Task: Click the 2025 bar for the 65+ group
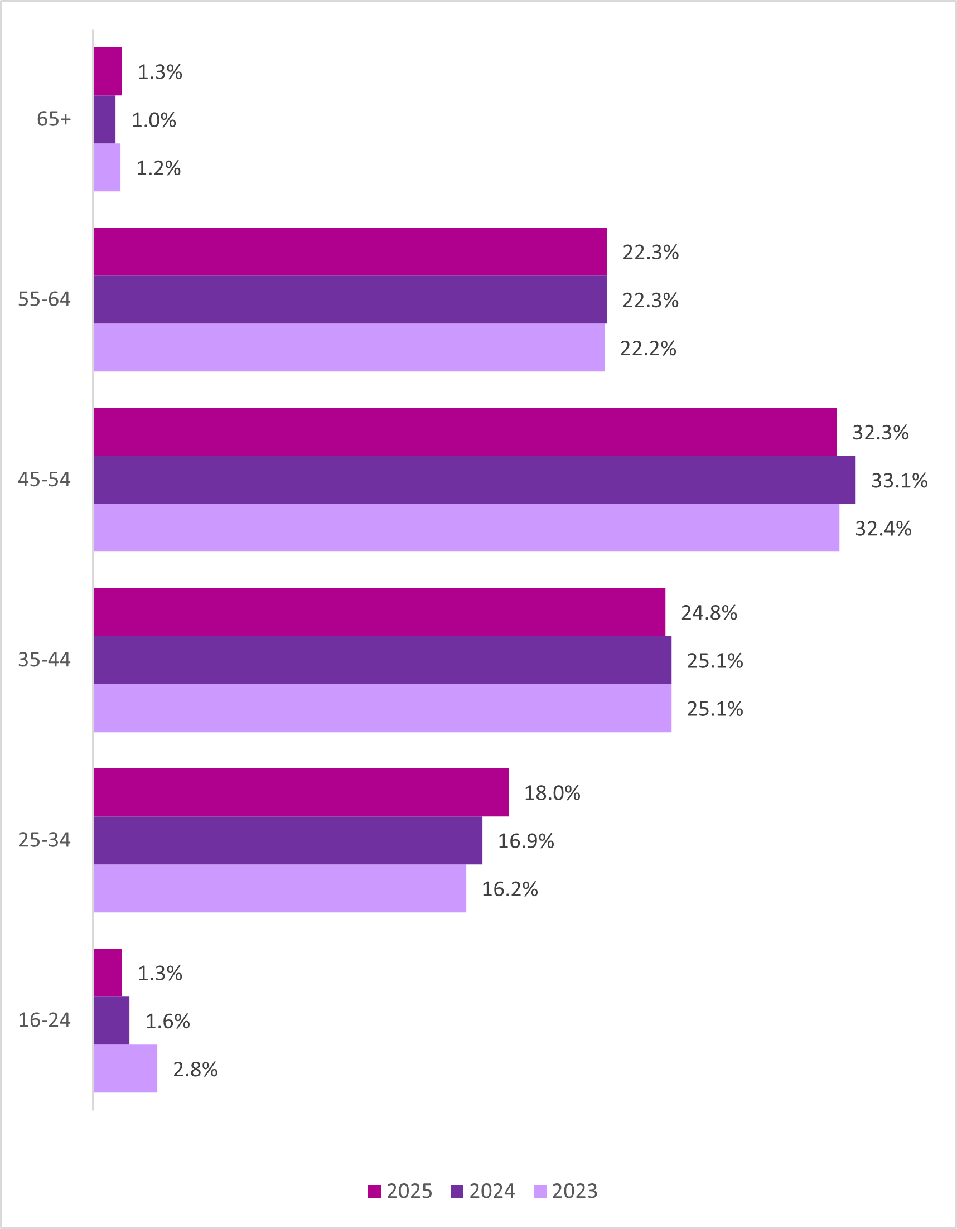(x=108, y=71)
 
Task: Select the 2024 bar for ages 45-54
(x=474, y=480)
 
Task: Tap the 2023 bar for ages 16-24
(x=125, y=1068)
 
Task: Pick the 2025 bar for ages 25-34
(x=301, y=792)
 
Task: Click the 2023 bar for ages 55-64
(x=349, y=347)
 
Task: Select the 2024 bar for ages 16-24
(x=111, y=1020)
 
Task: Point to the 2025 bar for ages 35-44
(x=379, y=612)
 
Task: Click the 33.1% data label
(x=899, y=481)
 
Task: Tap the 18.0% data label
(x=552, y=793)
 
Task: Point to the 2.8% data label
(x=195, y=1069)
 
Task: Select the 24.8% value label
(x=709, y=613)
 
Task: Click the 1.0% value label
(x=154, y=120)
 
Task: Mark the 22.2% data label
(x=648, y=349)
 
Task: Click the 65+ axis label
(x=54, y=119)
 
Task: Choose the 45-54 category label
(x=45, y=480)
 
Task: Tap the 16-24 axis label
(x=45, y=1020)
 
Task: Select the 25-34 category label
(x=45, y=840)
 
